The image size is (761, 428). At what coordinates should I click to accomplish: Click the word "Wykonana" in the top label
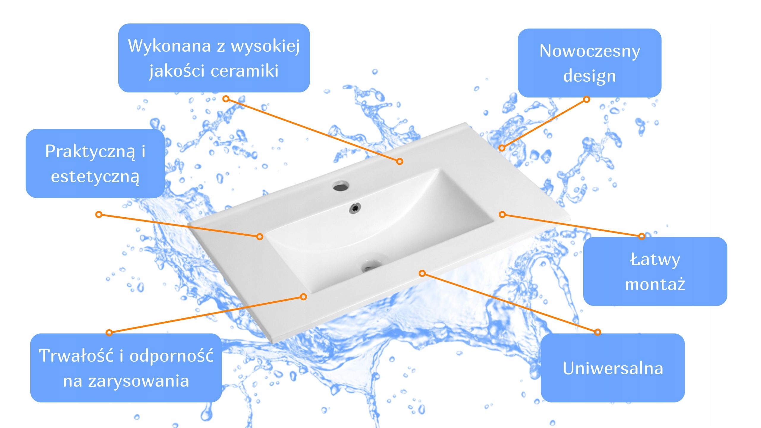(169, 46)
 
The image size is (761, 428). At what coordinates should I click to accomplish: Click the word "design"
(589, 76)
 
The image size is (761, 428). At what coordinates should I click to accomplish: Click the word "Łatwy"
(655, 260)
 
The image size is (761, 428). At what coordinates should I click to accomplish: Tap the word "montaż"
(655, 284)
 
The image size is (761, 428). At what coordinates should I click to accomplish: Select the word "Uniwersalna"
(613, 368)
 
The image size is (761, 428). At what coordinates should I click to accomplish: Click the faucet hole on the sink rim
(341, 186)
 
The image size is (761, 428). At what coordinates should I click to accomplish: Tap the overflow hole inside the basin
(355, 208)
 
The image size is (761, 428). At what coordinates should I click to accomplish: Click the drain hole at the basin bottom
(369, 266)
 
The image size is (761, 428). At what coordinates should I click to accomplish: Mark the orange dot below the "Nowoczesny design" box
(587, 99)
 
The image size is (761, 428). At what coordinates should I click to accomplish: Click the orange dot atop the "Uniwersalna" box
(598, 332)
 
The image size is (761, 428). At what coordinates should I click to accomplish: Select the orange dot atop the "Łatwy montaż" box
(642, 236)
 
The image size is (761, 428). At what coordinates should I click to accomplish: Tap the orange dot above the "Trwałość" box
(109, 332)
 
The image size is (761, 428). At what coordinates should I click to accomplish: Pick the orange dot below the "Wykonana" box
(226, 99)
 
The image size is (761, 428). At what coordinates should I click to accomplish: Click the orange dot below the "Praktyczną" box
(99, 214)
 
